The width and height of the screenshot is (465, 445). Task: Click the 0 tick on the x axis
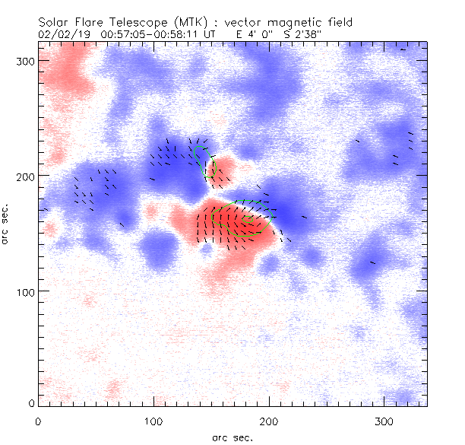(38, 421)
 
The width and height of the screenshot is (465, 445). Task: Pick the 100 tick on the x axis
(153, 421)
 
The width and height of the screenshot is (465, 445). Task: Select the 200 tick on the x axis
(269, 421)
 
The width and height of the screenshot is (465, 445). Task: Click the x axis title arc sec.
(232, 437)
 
